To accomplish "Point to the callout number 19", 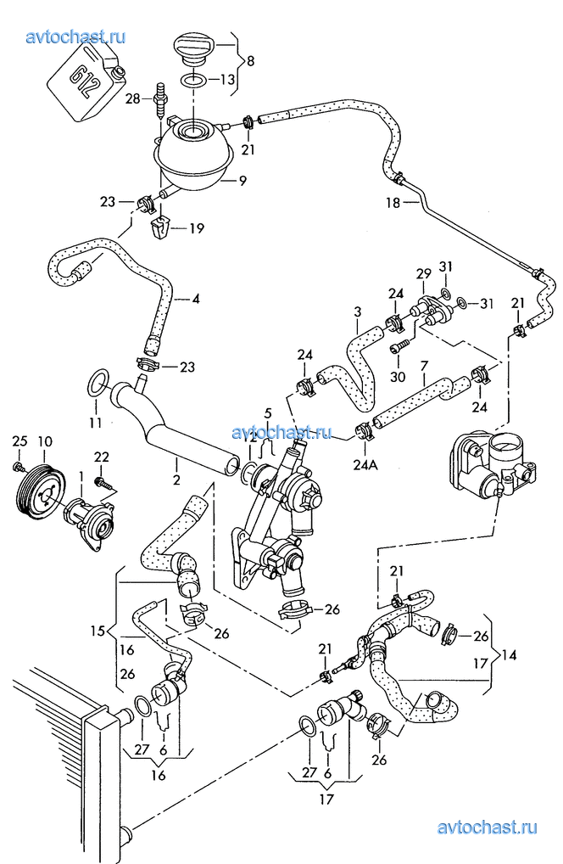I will [196, 227].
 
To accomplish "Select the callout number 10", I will [45, 440].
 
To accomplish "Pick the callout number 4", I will [196, 299].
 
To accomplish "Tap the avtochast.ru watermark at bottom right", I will [489, 828].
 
